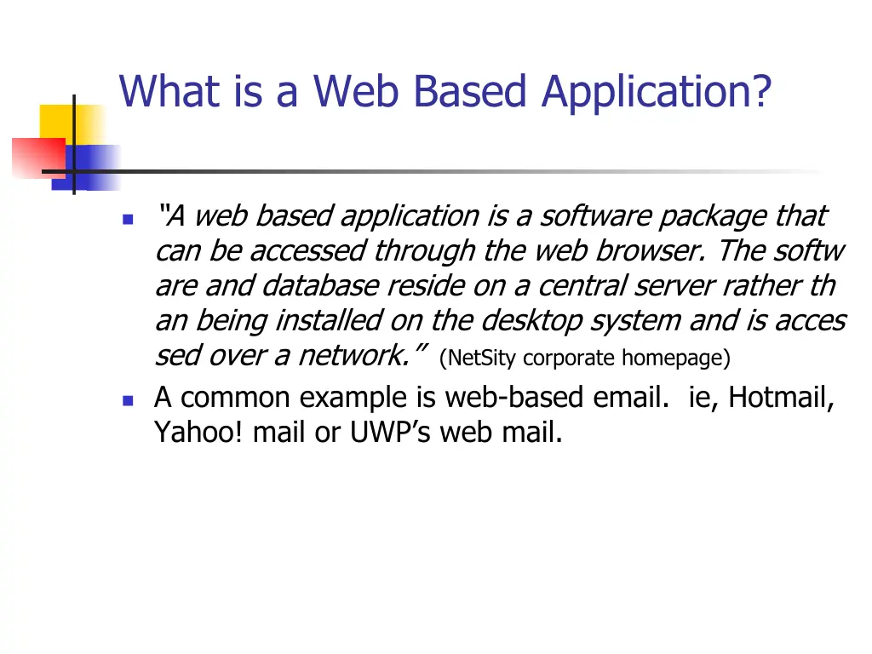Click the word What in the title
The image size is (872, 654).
(169, 92)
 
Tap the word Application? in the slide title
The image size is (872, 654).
(656, 92)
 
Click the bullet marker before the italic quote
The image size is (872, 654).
(128, 219)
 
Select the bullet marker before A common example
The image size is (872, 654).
(128, 399)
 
